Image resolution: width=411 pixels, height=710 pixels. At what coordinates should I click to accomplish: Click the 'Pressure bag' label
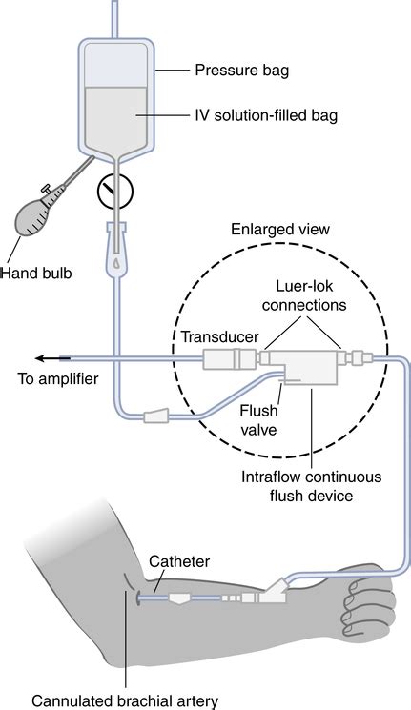point(241,71)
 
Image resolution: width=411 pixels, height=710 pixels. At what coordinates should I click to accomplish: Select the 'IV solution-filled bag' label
point(266,115)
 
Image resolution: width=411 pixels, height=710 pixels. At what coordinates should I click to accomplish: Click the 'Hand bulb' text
point(36,274)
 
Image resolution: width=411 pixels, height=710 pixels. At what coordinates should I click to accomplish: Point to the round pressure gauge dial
point(115,191)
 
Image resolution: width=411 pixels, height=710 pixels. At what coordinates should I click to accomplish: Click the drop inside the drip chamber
point(117,263)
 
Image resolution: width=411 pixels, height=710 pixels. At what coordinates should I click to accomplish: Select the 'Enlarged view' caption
point(280,229)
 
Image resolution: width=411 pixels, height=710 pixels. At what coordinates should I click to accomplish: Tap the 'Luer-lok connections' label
point(304,295)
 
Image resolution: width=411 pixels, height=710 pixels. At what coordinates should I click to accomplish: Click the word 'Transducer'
point(219,336)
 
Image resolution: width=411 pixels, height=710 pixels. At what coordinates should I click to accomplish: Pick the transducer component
point(229,359)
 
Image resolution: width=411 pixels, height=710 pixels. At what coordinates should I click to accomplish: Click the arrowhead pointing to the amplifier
point(41,359)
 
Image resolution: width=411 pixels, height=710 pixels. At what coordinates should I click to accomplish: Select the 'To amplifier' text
point(57,378)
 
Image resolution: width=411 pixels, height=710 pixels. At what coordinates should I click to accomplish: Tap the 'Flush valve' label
point(258,419)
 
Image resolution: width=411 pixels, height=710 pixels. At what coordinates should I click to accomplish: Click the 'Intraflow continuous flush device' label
point(311,486)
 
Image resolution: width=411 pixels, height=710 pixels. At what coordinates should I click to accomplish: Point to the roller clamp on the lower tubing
point(156,416)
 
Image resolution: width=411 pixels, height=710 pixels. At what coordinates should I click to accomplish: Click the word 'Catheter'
point(179,561)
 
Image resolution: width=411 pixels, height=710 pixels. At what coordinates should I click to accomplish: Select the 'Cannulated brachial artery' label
point(125,701)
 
